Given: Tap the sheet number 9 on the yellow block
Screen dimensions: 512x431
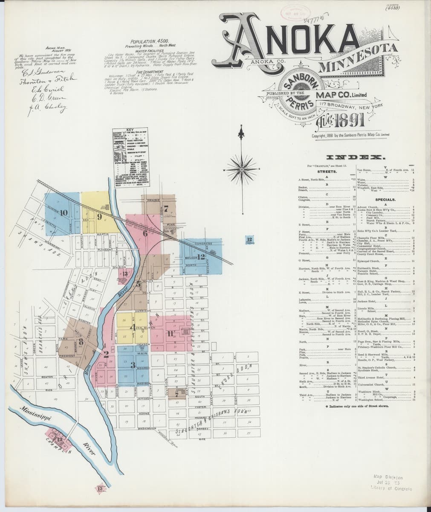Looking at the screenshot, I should pos(99,217).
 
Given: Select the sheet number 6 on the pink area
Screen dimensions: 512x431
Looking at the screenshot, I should pos(145,233).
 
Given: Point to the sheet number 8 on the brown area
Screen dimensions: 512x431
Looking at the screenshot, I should pos(80,340).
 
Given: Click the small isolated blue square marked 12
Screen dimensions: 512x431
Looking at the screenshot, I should pos(249,240).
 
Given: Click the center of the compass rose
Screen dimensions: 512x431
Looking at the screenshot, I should pos(241,169).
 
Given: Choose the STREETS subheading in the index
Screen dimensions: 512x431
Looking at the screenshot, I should pos(327,172).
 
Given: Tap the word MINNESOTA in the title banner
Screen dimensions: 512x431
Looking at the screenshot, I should pos(358,59).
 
